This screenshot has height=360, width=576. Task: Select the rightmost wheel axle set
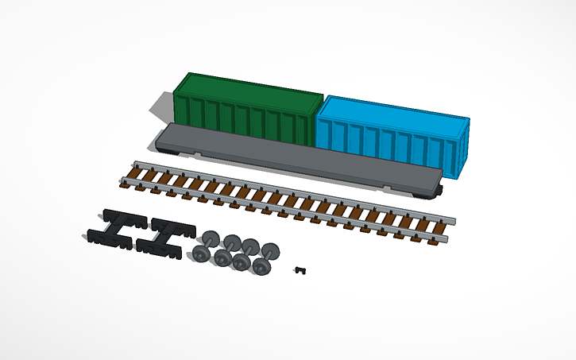pos(265,258)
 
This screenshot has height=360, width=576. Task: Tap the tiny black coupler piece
pos(300,271)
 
